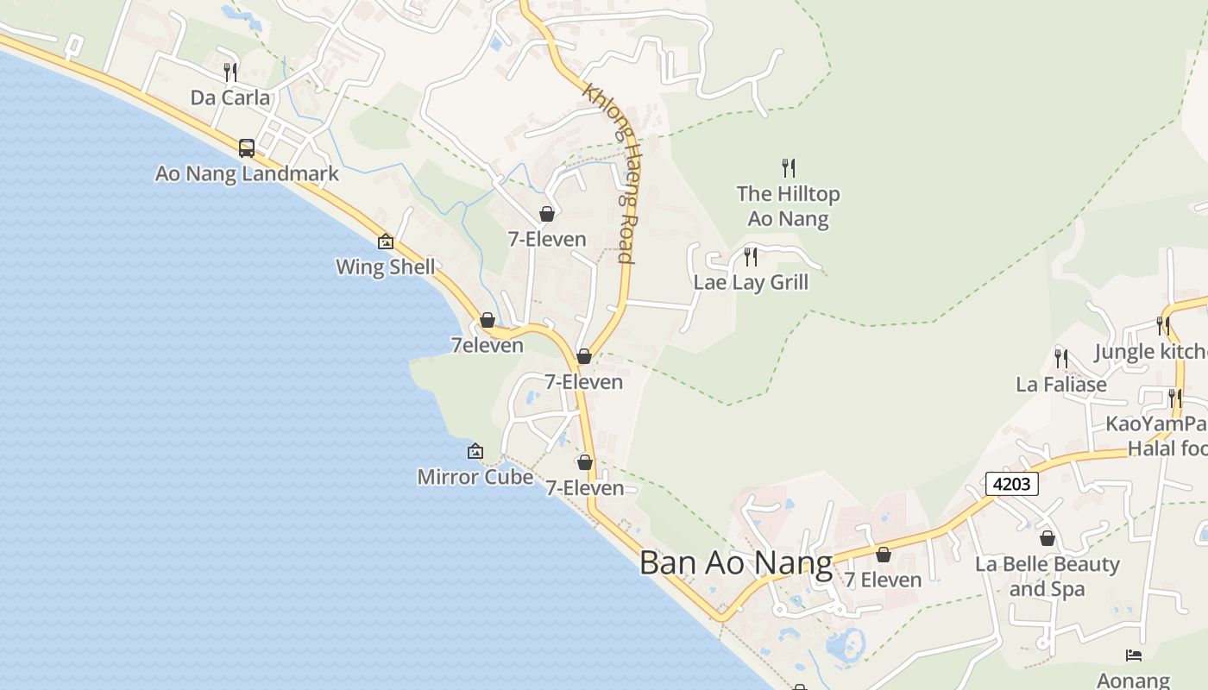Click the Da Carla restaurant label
pos(230,97)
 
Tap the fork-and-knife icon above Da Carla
pos(230,72)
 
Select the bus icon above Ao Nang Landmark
pos(247,148)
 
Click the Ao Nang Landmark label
pos(247,173)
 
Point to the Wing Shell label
pos(386,267)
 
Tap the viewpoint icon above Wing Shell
pos(386,241)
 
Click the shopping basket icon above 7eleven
pos(488,320)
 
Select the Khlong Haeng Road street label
pos(609,173)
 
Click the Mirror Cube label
pos(475,476)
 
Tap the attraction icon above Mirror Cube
pos(475,451)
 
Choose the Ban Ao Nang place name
pos(736,563)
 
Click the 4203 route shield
pos(1011,484)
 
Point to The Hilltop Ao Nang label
pos(788,206)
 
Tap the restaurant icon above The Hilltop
pos(788,167)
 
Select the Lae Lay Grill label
pos(751,282)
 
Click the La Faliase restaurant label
pos(1061,385)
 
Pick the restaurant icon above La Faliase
pos(1061,359)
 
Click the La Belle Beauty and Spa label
pos(1047,576)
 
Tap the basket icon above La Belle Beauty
pos(1048,539)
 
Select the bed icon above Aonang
pos(1134,656)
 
